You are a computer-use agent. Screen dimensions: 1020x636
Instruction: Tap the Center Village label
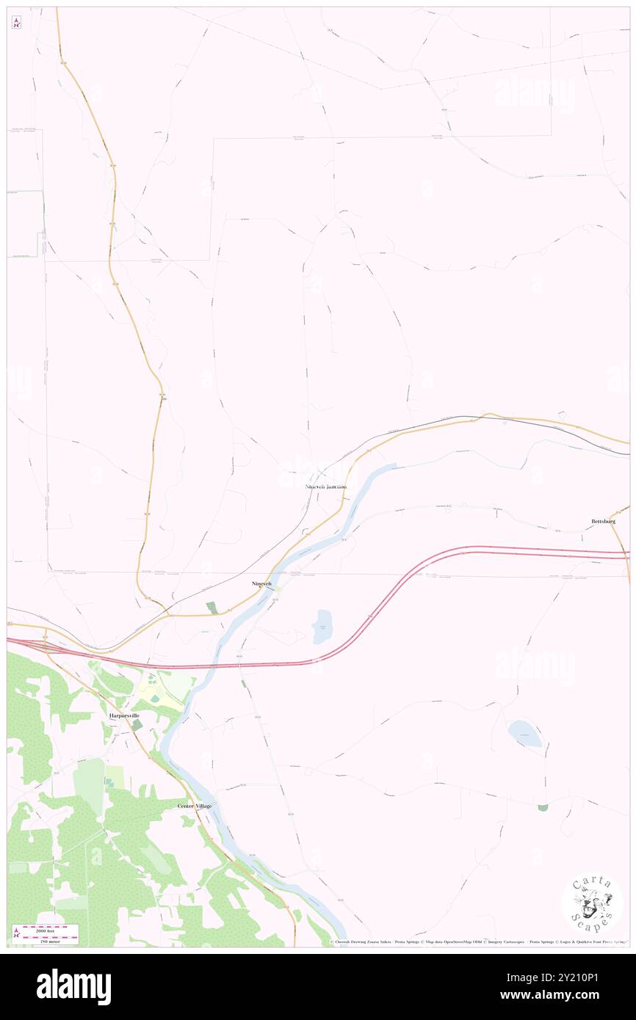click(195, 806)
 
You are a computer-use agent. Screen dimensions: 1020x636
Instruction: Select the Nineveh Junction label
click(325, 487)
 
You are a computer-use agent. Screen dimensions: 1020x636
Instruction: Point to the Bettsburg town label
click(603, 521)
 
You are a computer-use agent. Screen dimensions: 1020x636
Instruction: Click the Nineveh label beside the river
click(262, 583)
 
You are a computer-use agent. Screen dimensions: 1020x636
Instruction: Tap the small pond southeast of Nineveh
click(322, 627)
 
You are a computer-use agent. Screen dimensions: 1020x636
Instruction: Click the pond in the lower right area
click(524, 733)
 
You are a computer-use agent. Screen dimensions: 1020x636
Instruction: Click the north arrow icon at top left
click(16, 23)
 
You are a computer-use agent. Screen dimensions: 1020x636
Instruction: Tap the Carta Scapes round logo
click(592, 903)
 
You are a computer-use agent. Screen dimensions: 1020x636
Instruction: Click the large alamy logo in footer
click(73, 987)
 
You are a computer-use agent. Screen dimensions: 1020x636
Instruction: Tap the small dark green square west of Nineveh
click(212, 608)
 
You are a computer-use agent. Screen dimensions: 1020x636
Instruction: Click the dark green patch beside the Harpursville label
click(137, 725)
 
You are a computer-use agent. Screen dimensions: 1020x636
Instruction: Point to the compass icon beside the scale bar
click(15, 934)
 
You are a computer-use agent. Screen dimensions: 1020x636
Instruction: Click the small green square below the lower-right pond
click(543, 807)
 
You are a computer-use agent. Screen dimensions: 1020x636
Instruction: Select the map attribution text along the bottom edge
click(477, 942)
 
